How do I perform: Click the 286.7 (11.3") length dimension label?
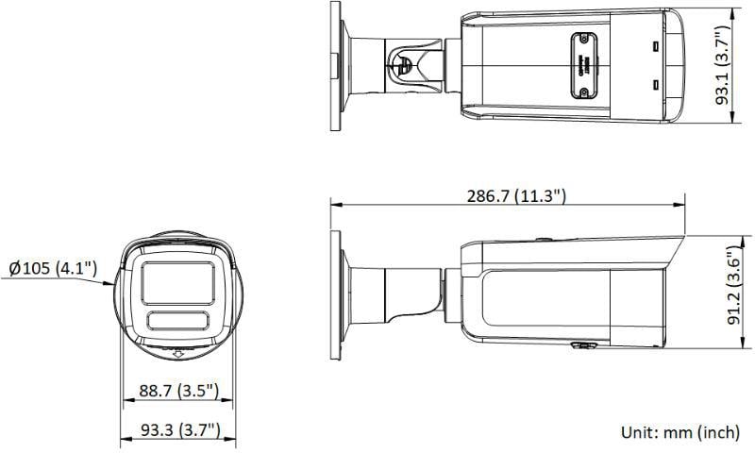tap(515, 195)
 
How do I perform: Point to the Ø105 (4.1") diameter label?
tap(52, 269)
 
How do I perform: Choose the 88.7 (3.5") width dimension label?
tap(178, 390)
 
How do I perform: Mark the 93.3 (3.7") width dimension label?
tap(179, 430)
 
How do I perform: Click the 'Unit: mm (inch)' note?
tap(679, 432)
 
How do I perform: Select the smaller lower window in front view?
tap(178, 319)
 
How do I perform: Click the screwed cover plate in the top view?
tap(581, 65)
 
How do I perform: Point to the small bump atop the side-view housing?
tap(544, 239)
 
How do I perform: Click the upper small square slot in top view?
tap(653, 45)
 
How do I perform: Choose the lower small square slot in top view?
tap(653, 86)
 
